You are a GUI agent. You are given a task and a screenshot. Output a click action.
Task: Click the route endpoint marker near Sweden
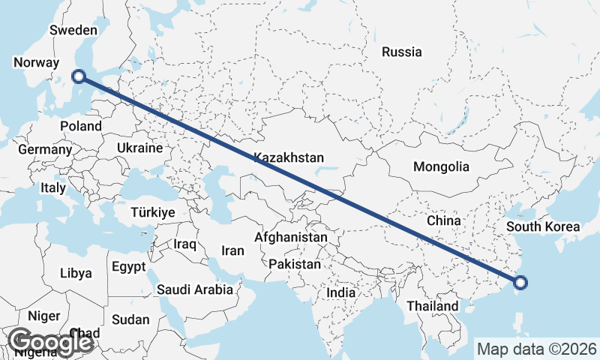point(78,75)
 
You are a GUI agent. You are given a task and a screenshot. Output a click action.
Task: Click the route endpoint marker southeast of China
point(521,283)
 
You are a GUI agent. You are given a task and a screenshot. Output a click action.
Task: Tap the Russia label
point(401,52)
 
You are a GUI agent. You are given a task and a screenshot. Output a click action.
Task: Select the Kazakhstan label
point(289,157)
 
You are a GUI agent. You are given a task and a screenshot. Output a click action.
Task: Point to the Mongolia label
point(441,166)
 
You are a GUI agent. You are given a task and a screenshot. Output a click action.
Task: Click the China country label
point(443,220)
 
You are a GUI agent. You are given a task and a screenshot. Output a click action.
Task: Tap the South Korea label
point(543,226)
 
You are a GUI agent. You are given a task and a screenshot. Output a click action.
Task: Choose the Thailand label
point(432,306)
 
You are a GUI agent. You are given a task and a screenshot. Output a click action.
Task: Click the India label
point(340,292)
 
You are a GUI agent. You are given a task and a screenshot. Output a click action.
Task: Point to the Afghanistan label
point(291,237)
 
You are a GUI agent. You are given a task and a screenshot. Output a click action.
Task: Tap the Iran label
point(233,250)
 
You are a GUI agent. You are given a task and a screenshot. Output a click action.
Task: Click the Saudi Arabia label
point(194,289)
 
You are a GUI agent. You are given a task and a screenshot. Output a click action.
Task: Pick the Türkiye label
point(152,212)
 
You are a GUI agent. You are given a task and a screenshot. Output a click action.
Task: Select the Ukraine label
point(139,148)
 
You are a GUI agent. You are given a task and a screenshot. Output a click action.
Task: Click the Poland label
point(80,126)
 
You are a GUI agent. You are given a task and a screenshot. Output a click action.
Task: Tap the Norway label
point(36,62)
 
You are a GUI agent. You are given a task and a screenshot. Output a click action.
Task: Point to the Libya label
point(76,273)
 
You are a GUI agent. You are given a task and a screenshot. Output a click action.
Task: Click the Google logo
point(50,342)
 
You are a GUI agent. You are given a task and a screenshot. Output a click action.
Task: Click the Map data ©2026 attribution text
point(537,349)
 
